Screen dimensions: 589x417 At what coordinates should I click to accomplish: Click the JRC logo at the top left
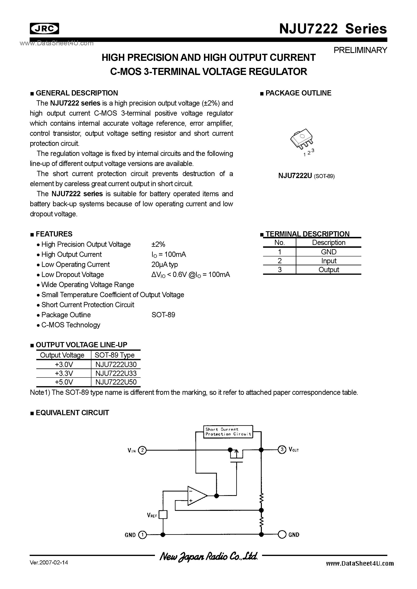44,29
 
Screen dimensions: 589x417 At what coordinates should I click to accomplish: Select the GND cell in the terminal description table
328,252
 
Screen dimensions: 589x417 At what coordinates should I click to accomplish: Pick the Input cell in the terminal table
328,261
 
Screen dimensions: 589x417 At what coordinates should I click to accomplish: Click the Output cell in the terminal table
328,270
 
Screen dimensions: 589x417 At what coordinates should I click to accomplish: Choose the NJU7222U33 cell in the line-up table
116,373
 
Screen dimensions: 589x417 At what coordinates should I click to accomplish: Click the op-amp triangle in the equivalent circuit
196,496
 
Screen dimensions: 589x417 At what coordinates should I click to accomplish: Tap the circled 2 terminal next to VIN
142,450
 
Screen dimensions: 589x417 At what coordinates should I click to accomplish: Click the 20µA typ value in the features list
164,264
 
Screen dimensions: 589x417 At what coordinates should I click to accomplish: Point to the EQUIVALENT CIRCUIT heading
72,413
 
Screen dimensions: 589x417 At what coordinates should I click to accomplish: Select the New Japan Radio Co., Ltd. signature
208,556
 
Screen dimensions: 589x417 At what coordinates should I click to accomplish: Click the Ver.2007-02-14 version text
49,563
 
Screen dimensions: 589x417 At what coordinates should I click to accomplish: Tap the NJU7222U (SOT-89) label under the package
306,176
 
